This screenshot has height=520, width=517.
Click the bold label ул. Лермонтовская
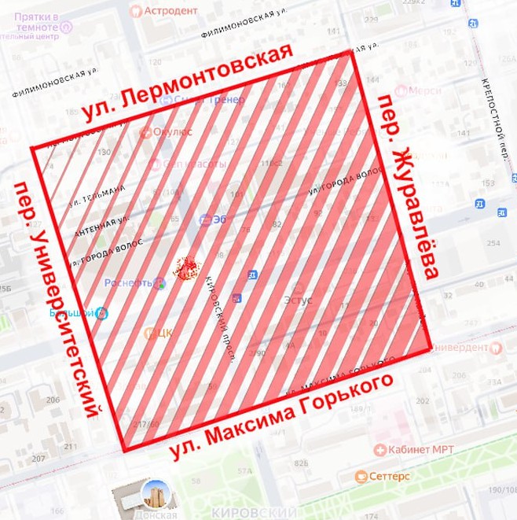187,83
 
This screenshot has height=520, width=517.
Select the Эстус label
298,300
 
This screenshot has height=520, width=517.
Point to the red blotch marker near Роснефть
186,271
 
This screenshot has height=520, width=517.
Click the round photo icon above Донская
153,493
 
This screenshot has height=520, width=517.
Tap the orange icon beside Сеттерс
361,476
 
